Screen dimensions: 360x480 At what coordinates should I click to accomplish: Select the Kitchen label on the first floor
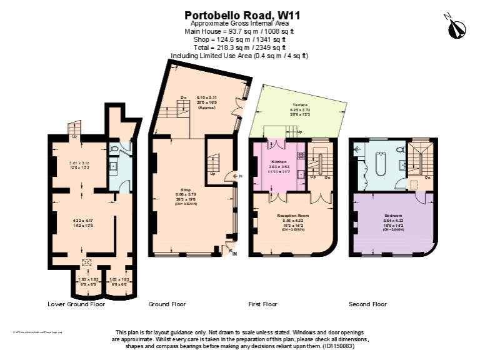click(x=279, y=161)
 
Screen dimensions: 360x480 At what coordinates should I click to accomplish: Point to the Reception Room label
click(x=292, y=216)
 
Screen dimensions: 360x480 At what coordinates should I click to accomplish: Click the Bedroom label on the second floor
click(x=393, y=216)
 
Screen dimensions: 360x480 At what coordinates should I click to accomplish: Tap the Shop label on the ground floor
click(x=186, y=189)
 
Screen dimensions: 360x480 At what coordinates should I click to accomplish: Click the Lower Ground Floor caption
click(x=76, y=304)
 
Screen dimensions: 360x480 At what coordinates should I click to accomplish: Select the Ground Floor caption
click(x=167, y=304)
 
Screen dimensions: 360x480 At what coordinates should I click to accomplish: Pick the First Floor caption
click(x=262, y=304)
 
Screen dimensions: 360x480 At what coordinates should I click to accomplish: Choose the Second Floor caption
click(x=367, y=304)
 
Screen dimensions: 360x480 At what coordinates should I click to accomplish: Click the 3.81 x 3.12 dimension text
click(x=79, y=164)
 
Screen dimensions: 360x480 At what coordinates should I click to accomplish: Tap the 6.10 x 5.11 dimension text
click(x=207, y=98)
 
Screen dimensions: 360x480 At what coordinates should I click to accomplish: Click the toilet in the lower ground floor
click(x=125, y=149)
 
